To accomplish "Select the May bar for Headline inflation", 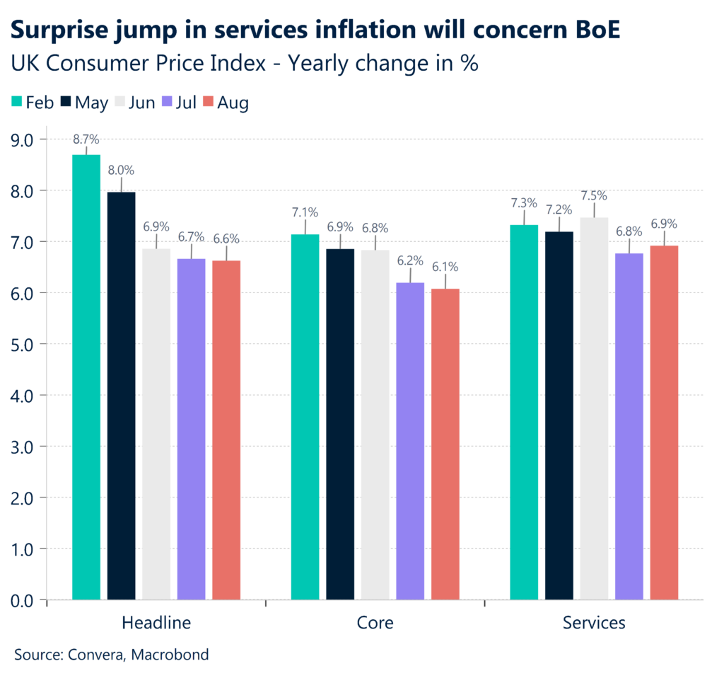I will coord(121,396).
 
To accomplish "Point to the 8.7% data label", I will coord(86,140).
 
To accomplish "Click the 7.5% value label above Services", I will coord(594,195).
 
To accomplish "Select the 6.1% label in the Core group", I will coord(445,267).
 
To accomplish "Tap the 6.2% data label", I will coord(410,260).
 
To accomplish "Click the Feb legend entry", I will coord(33,102).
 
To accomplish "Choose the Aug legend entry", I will coord(226,102).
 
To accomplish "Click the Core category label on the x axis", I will coord(375,623).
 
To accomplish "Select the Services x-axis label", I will coord(594,623).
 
